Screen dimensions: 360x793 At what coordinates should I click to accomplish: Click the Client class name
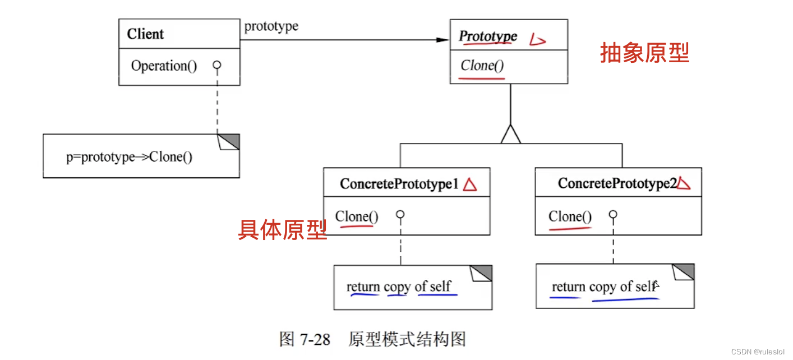[x=145, y=34]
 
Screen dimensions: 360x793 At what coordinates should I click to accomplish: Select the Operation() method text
[x=164, y=66]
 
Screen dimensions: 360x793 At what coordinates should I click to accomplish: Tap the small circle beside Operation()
[x=217, y=66]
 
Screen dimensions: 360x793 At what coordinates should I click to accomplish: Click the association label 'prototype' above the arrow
[x=271, y=26]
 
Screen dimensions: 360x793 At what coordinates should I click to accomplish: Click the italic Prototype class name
[x=488, y=36]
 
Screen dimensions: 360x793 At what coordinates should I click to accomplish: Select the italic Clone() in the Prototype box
[x=482, y=66]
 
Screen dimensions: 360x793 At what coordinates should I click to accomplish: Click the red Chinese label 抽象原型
[x=644, y=53]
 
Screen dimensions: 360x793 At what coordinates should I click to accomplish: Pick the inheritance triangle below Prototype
[x=510, y=134]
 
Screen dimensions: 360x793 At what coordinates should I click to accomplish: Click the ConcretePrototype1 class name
[x=399, y=184]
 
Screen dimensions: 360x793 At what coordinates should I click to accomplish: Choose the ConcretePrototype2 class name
[x=617, y=183]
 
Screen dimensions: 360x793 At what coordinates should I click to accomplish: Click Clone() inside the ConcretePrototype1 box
[x=357, y=216]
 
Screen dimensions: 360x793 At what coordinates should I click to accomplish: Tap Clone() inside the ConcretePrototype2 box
[x=570, y=216]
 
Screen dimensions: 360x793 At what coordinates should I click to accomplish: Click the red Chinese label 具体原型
[x=282, y=229]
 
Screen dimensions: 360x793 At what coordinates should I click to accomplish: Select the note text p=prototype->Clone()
[x=129, y=157]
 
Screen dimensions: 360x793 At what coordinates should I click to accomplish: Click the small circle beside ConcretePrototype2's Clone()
[x=613, y=215]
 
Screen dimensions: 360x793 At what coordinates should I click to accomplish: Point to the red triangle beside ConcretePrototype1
[x=470, y=184]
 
